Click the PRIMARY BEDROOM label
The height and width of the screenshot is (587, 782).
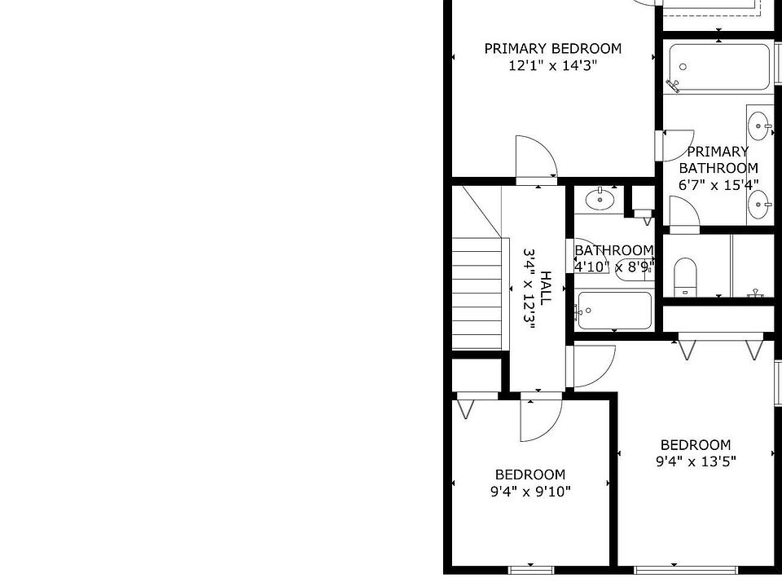click(x=552, y=49)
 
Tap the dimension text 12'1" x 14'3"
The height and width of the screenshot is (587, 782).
click(x=552, y=66)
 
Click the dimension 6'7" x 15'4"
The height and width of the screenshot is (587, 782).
click(x=718, y=185)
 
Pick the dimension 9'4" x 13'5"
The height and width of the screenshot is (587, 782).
click(x=696, y=461)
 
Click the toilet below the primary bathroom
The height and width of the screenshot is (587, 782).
click(x=686, y=276)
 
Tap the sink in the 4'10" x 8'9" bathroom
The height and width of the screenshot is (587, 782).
click(x=600, y=198)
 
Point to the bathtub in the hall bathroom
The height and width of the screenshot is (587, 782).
click(x=615, y=311)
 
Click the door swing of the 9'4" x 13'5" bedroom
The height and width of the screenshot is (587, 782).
click(x=592, y=366)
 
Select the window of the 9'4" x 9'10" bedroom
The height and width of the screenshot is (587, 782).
click(x=529, y=568)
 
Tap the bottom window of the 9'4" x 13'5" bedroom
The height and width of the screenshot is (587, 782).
click(x=674, y=568)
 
